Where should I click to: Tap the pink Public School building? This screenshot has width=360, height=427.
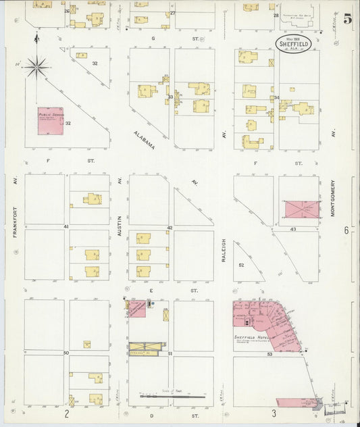point(50,121)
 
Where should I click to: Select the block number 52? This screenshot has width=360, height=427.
point(241,265)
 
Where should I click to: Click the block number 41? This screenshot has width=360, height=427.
point(66,226)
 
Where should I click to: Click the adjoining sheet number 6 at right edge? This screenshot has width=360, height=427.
point(346,230)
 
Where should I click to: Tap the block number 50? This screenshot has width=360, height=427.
point(66,353)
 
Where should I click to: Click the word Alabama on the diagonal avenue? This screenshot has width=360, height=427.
point(144,140)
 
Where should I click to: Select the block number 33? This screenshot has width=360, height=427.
point(170,97)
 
